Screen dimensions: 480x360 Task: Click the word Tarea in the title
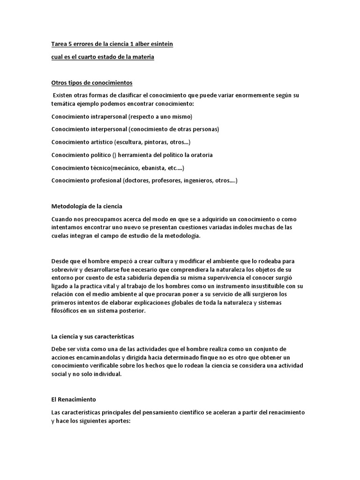coord(59,44)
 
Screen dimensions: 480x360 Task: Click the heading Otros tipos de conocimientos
coord(92,83)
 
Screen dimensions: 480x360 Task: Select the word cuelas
coord(61,236)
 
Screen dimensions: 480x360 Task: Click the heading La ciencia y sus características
coord(93,337)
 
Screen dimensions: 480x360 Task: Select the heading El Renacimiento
coord(74,399)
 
